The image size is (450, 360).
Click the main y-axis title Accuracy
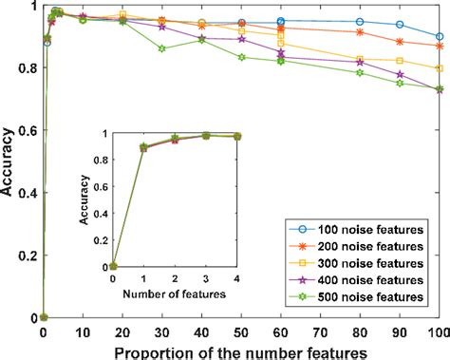[9, 161]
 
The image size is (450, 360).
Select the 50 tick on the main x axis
[241, 333]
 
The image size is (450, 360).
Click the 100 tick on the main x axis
[437, 333]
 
